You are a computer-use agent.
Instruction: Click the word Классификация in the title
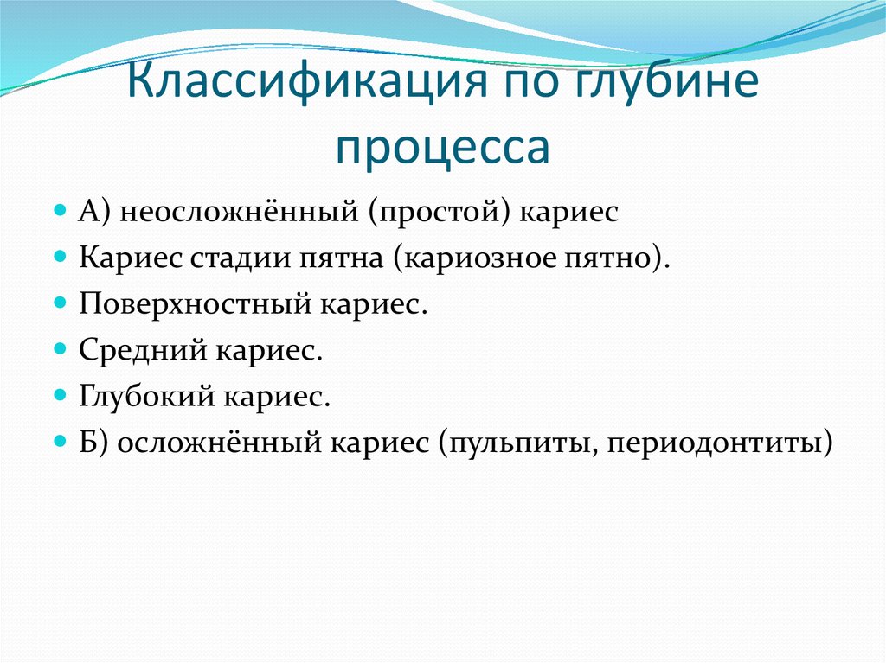click(x=294, y=88)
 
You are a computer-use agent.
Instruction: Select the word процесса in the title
click(x=443, y=147)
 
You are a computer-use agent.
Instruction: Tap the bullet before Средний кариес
click(x=60, y=350)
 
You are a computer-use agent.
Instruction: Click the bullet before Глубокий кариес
click(x=60, y=397)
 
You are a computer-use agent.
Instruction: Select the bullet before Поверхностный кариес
click(x=60, y=303)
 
